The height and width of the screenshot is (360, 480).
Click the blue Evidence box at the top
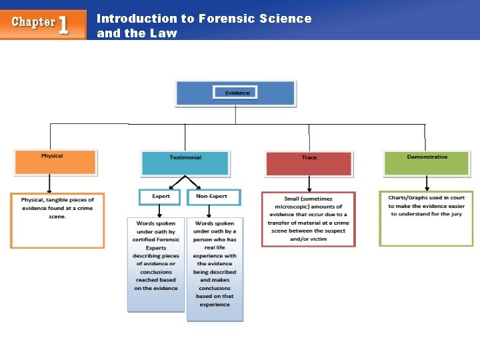coord(235,93)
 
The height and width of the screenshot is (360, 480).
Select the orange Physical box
coord(55,161)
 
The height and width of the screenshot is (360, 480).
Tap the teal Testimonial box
coord(185,163)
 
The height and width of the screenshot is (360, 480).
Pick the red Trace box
coord(309,163)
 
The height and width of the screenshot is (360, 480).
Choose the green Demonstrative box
coord(427,162)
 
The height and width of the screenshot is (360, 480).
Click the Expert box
coord(160,197)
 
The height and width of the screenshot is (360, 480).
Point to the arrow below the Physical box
coord(49,184)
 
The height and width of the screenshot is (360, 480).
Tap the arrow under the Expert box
coord(160,211)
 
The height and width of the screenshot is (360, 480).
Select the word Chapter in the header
coord(33,22)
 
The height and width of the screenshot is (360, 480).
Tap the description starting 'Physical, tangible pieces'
coord(57,208)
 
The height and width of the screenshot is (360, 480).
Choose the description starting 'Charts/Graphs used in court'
coord(427,206)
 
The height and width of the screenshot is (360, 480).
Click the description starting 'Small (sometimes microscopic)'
coord(309,218)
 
